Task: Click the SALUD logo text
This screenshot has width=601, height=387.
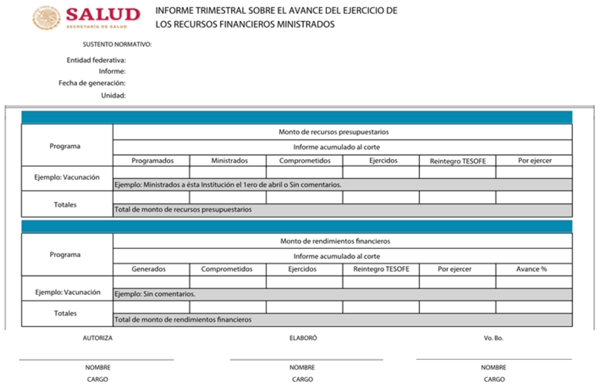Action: (103, 15)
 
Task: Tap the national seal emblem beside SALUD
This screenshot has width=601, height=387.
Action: (47, 18)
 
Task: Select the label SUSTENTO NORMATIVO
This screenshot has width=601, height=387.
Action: (117, 44)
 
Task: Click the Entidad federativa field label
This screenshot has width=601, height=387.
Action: (96, 60)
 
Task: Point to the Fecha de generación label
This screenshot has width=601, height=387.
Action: (92, 83)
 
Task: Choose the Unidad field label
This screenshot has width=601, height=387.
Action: (113, 95)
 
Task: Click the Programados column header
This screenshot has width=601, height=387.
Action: (152, 161)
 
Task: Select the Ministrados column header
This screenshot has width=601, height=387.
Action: (229, 161)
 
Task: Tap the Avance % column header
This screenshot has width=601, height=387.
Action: (531, 269)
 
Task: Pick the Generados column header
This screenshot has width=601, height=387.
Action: (148, 269)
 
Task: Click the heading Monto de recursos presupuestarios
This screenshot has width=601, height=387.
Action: (333, 132)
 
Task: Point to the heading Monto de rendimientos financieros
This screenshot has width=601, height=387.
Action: (335, 241)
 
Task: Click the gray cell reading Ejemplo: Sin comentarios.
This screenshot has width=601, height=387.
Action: (155, 294)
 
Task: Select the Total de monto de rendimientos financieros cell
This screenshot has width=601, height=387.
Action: (183, 319)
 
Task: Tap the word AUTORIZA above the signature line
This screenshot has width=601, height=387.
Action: (97, 338)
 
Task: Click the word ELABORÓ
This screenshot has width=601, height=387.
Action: (303, 338)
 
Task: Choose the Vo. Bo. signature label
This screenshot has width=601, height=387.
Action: (493, 338)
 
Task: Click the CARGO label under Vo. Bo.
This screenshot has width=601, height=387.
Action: (494, 379)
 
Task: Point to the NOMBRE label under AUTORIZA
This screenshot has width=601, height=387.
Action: (98, 367)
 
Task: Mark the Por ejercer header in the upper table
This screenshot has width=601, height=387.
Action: (535, 161)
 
